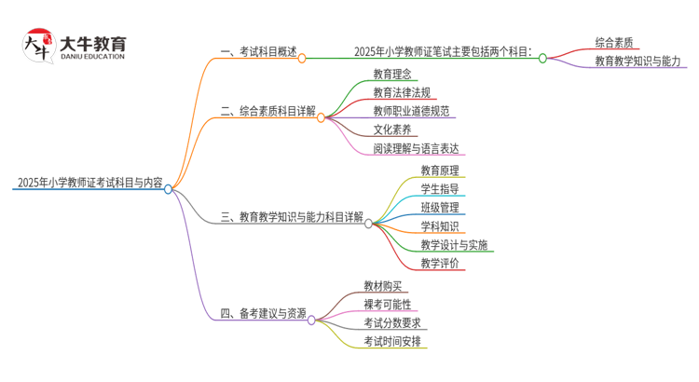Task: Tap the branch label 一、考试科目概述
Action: (x=258, y=53)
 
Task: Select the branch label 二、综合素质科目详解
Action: (x=267, y=111)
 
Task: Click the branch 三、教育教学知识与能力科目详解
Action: (x=292, y=217)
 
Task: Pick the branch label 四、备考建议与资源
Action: (x=263, y=314)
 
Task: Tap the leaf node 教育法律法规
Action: (x=403, y=92)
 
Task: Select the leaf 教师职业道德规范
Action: (x=411, y=111)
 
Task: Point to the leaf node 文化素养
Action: (x=391, y=130)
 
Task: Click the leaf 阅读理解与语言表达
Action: (x=416, y=147)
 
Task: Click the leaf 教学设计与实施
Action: (x=454, y=245)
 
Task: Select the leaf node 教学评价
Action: (x=439, y=264)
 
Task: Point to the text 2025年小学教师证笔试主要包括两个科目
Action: (x=443, y=53)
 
